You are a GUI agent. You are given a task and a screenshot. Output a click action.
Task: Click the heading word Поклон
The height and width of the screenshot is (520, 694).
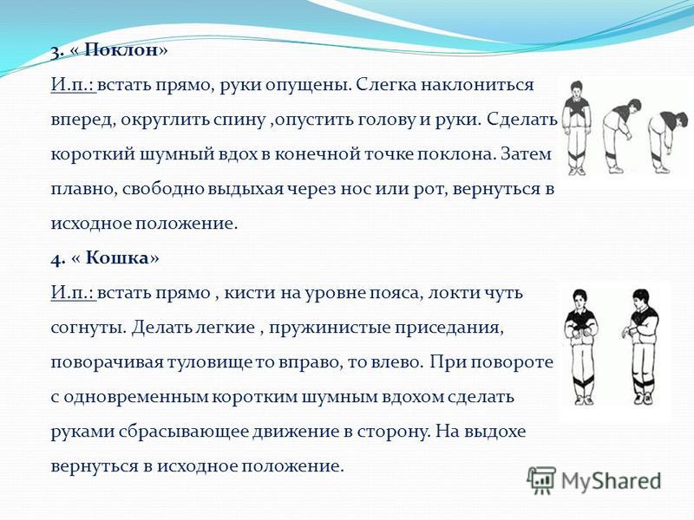click(121, 49)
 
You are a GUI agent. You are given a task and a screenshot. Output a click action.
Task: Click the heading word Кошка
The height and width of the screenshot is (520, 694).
click(117, 257)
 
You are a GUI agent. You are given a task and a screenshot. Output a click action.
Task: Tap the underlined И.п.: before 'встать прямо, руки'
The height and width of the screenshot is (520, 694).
click(73, 84)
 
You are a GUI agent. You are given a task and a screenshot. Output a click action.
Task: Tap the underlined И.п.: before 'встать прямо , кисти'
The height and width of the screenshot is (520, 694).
click(73, 293)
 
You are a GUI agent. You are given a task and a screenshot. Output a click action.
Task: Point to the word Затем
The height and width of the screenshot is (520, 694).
click(527, 154)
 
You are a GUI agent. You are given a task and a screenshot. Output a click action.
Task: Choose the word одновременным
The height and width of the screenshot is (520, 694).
click(136, 397)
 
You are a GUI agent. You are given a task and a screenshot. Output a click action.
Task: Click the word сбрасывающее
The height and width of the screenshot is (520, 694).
click(183, 432)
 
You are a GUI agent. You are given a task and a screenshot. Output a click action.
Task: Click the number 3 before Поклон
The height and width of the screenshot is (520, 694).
click(56, 52)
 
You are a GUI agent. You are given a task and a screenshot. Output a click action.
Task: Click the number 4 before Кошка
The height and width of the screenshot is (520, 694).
click(56, 258)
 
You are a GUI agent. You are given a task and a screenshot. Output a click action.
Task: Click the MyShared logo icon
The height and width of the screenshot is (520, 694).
click(540, 480)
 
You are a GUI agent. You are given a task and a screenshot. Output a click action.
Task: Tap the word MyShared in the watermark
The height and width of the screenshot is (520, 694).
click(611, 481)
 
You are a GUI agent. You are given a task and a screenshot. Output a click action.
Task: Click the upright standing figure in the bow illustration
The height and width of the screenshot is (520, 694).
click(576, 127)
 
